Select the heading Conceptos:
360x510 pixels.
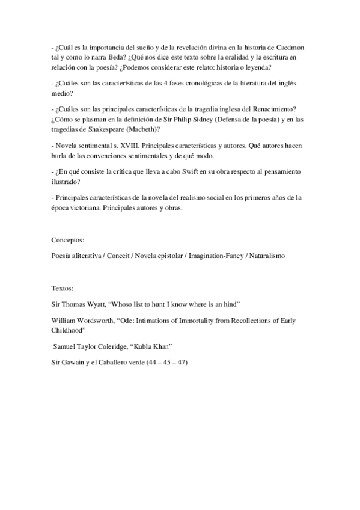coord(67,239)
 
